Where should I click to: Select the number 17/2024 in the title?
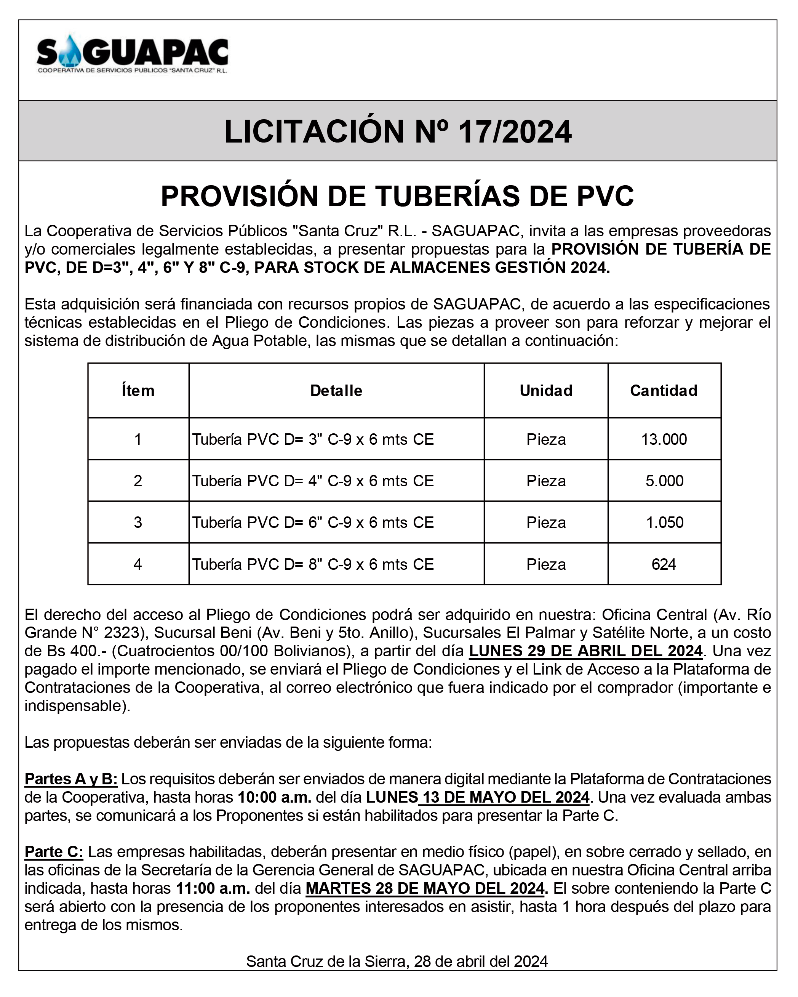point(515,132)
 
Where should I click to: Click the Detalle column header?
point(336,391)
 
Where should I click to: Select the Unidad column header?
point(546,391)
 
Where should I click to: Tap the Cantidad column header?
point(664,391)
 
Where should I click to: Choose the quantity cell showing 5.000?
point(664,481)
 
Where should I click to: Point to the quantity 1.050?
point(664,522)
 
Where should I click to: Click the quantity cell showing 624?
point(664,564)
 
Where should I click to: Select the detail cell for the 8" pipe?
point(313,564)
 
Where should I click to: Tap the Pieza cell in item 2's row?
point(546,481)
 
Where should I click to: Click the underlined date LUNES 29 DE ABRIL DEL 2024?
point(585,651)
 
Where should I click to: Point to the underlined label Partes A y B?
point(71,779)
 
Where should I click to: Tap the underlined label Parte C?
point(54,852)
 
